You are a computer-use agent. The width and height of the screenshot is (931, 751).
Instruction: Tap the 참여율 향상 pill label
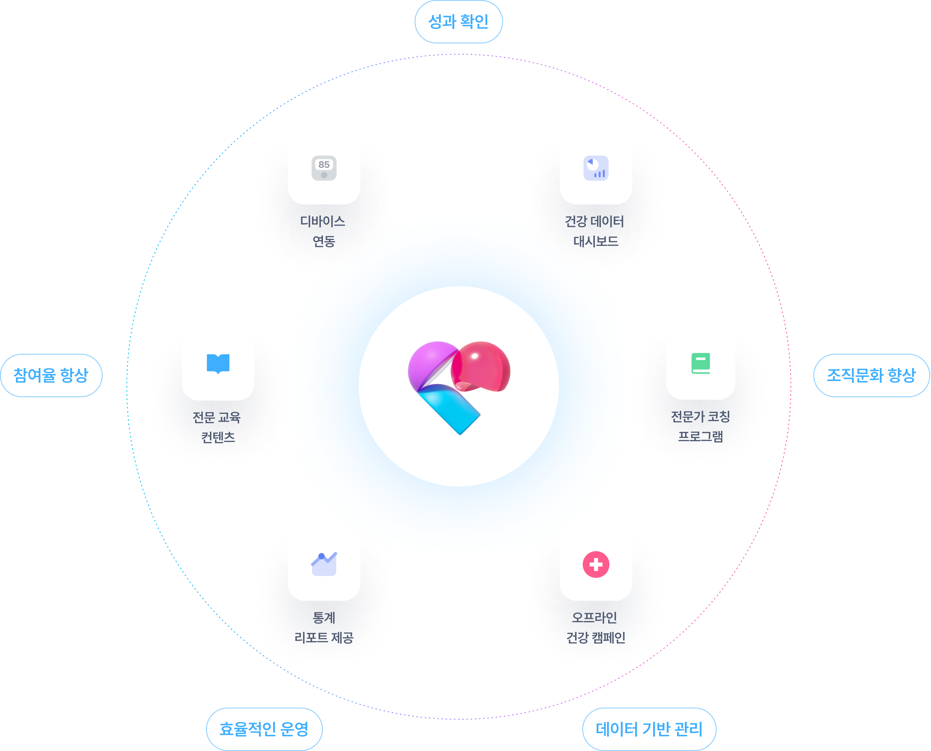(51, 375)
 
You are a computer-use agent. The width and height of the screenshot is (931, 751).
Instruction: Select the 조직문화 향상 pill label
(871, 375)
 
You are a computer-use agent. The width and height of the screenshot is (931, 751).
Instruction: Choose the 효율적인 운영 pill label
(264, 729)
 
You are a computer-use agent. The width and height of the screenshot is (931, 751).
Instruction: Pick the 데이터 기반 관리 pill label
(649, 729)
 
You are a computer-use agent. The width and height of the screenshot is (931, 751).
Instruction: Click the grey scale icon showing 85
(324, 168)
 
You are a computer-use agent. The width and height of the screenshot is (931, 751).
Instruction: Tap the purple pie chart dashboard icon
(596, 168)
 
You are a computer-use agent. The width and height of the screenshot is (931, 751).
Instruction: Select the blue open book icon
(218, 363)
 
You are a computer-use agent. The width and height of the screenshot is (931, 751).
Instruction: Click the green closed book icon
(700, 363)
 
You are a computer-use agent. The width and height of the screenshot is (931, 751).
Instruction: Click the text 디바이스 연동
(323, 231)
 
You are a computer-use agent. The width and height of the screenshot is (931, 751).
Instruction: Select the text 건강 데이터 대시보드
(595, 231)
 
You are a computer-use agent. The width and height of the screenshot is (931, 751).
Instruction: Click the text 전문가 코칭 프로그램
(700, 426)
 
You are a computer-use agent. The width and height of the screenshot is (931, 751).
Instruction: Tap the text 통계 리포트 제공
(324, 627)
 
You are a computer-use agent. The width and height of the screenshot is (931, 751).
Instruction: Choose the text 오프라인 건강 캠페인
(595, 627)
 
